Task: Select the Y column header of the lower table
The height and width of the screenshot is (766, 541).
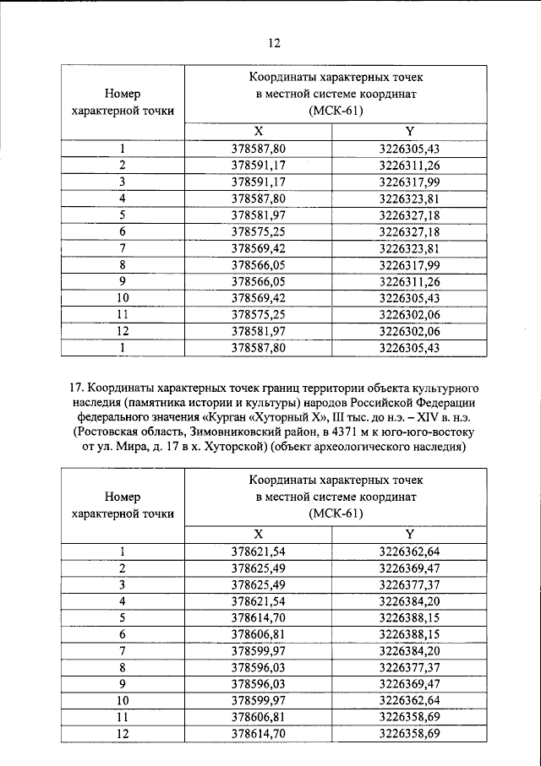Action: (x=409, y=534)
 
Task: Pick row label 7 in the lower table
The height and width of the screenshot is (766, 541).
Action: (x=123, y=651)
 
